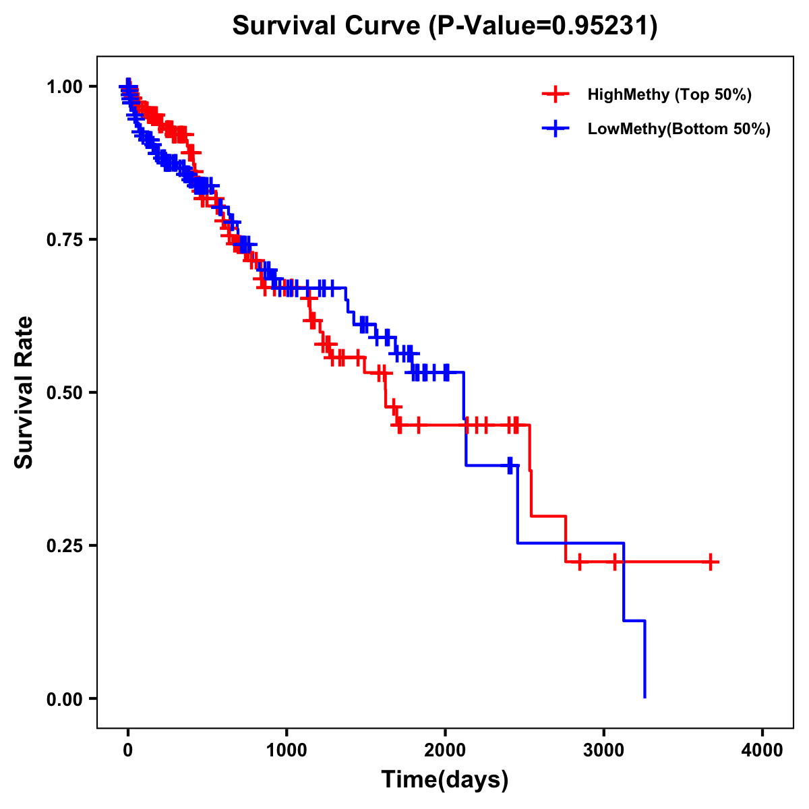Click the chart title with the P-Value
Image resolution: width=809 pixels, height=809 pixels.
(x=444, y=26)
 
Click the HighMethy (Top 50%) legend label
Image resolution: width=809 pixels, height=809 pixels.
(x=669, y=94)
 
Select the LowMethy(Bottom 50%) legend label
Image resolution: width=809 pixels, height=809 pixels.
(x=679, y=129)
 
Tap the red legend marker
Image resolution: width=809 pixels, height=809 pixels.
(x=556, y=94)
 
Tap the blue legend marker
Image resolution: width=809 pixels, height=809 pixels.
(x=556, y=129)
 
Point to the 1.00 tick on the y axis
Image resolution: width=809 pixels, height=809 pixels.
(x=65, y=87)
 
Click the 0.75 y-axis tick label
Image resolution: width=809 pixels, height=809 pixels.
(x=65, y=240)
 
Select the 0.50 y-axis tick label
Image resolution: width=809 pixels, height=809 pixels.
(x=65, y=392)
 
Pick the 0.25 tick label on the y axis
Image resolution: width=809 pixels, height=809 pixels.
(x=65, y=545)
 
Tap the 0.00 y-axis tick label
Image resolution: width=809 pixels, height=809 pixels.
(x=65, y=698)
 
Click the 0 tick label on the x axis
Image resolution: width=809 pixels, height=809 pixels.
(x=128, y=750)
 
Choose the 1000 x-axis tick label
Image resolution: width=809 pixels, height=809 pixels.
(x=287, y=750)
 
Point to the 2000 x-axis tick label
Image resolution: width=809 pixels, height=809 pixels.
(x=445, y=750)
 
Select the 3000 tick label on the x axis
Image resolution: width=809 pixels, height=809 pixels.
(x=604, y=750)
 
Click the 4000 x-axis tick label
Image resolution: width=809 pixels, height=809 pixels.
(x=762, y=750)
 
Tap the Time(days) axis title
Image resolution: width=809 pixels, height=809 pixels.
(x=445, y=780)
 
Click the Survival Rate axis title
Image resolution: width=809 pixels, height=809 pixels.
(x=24, y=392)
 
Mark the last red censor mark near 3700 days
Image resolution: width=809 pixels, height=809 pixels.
(x=711, y=562)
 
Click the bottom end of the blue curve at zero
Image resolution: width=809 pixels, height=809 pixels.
(x=645, y=697)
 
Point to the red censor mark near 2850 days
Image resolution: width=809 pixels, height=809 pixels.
(x=579, y=562)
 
